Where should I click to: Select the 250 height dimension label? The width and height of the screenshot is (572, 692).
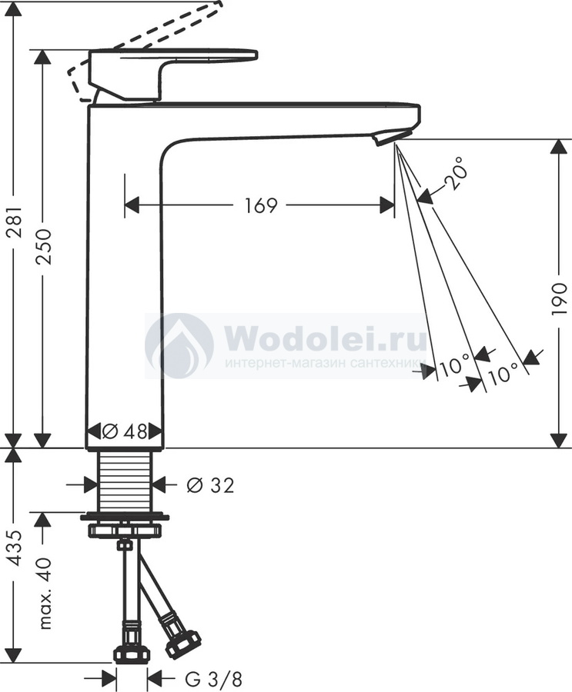point(44,247)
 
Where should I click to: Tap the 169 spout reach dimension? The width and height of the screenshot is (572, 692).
point(261,205)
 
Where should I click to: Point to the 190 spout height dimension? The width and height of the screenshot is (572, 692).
point(559,299)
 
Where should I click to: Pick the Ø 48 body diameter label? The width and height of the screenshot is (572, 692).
point(124,431)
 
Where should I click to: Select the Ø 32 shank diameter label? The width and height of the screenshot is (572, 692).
point(210,485)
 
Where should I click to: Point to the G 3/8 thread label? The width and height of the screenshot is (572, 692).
point(213,679)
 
